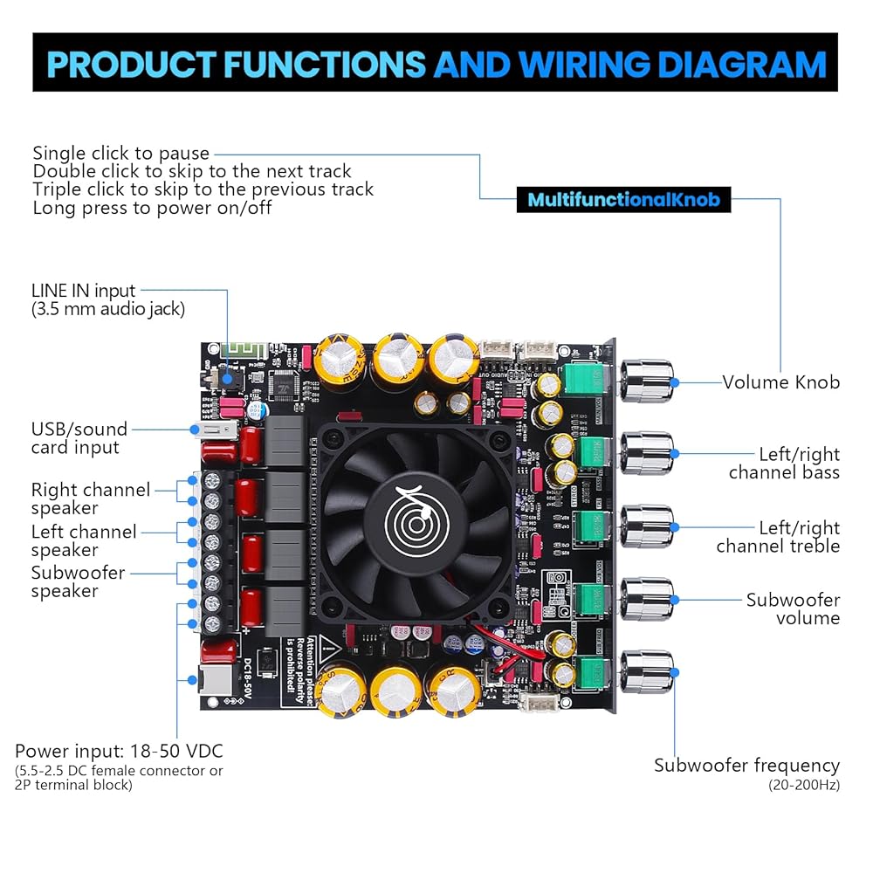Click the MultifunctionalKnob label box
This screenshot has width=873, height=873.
click(x=623, y=200)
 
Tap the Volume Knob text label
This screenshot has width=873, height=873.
click(x=780, y=382)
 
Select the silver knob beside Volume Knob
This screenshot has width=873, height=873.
click(x=647, y=382)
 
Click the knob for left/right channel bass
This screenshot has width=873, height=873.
click(x=647, y=453)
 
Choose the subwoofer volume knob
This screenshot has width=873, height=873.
click(x=647, y=599)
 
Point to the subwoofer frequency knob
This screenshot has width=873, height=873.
click(x=647, y=672)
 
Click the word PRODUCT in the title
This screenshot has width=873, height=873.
click(x=128, y=65)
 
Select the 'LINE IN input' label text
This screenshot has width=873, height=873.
click(x=84, y=291)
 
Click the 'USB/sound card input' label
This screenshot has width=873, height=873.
click(x=79, y=438)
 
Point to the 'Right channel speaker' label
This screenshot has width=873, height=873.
click(x=90, y=498)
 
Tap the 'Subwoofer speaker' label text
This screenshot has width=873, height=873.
click(x=78, y=582)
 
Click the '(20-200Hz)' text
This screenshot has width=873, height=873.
click(x=804, y=785)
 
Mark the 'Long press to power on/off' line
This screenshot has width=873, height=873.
click(x=152, y=208)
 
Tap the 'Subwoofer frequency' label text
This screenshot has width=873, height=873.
click(x=746, y=766)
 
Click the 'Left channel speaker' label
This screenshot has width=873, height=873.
click(x=84, y=540)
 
